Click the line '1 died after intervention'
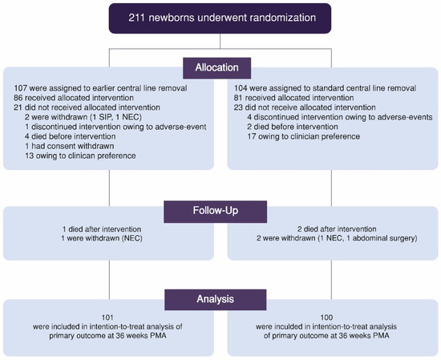[107, 231]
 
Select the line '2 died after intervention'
[330, 231]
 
